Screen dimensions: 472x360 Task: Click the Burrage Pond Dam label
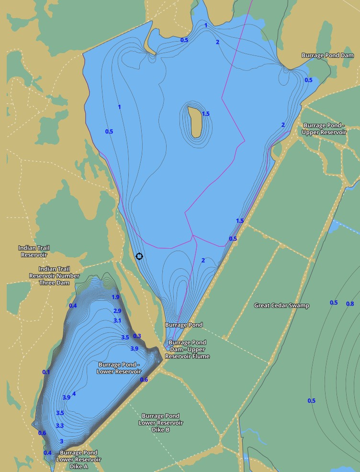327,55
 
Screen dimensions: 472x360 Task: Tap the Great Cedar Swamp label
281,305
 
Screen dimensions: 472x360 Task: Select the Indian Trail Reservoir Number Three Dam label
54,276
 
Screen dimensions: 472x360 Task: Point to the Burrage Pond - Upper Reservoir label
325,129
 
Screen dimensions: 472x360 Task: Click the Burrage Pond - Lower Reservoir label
120,368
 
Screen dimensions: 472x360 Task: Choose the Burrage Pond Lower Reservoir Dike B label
161,423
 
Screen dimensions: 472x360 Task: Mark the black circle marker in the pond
139,256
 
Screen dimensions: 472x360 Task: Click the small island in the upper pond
194,122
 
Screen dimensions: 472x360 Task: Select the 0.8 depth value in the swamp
350,304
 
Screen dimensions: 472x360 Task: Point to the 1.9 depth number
115,297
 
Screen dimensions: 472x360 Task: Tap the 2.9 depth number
117,311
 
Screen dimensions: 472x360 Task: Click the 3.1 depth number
117,320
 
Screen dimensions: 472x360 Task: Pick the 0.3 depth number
137,336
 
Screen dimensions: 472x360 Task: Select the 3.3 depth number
60,425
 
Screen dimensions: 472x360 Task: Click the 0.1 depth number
46,372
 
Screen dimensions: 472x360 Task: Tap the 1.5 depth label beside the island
206,114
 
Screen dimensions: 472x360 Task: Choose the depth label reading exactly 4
74,394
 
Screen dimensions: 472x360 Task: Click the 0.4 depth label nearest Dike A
47,452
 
